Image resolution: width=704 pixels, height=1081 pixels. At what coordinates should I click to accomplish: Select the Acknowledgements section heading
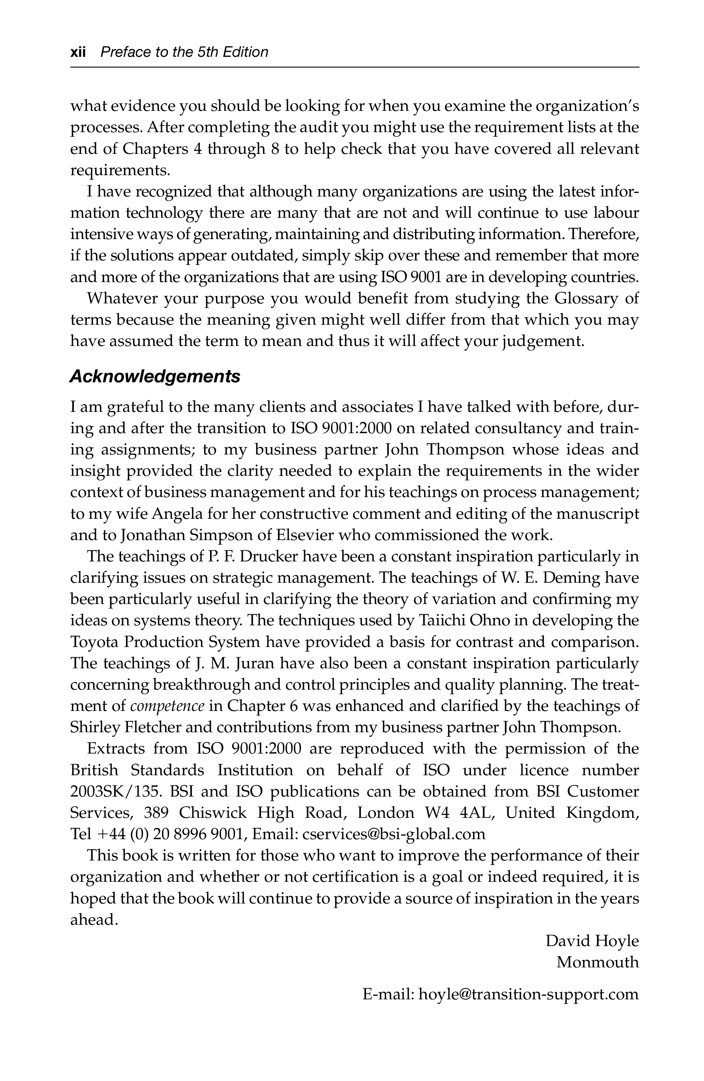coord(154,376)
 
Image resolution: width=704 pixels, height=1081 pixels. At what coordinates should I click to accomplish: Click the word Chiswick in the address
coord(212,813)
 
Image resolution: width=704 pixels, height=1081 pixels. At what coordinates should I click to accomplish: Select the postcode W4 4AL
coord(458,813)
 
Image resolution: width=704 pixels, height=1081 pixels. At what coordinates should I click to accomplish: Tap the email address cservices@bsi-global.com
coord(394,834)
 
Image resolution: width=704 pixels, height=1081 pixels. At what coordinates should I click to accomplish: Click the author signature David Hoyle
coord(592,941)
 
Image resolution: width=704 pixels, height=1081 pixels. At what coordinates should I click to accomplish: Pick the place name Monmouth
coord(597,962)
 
